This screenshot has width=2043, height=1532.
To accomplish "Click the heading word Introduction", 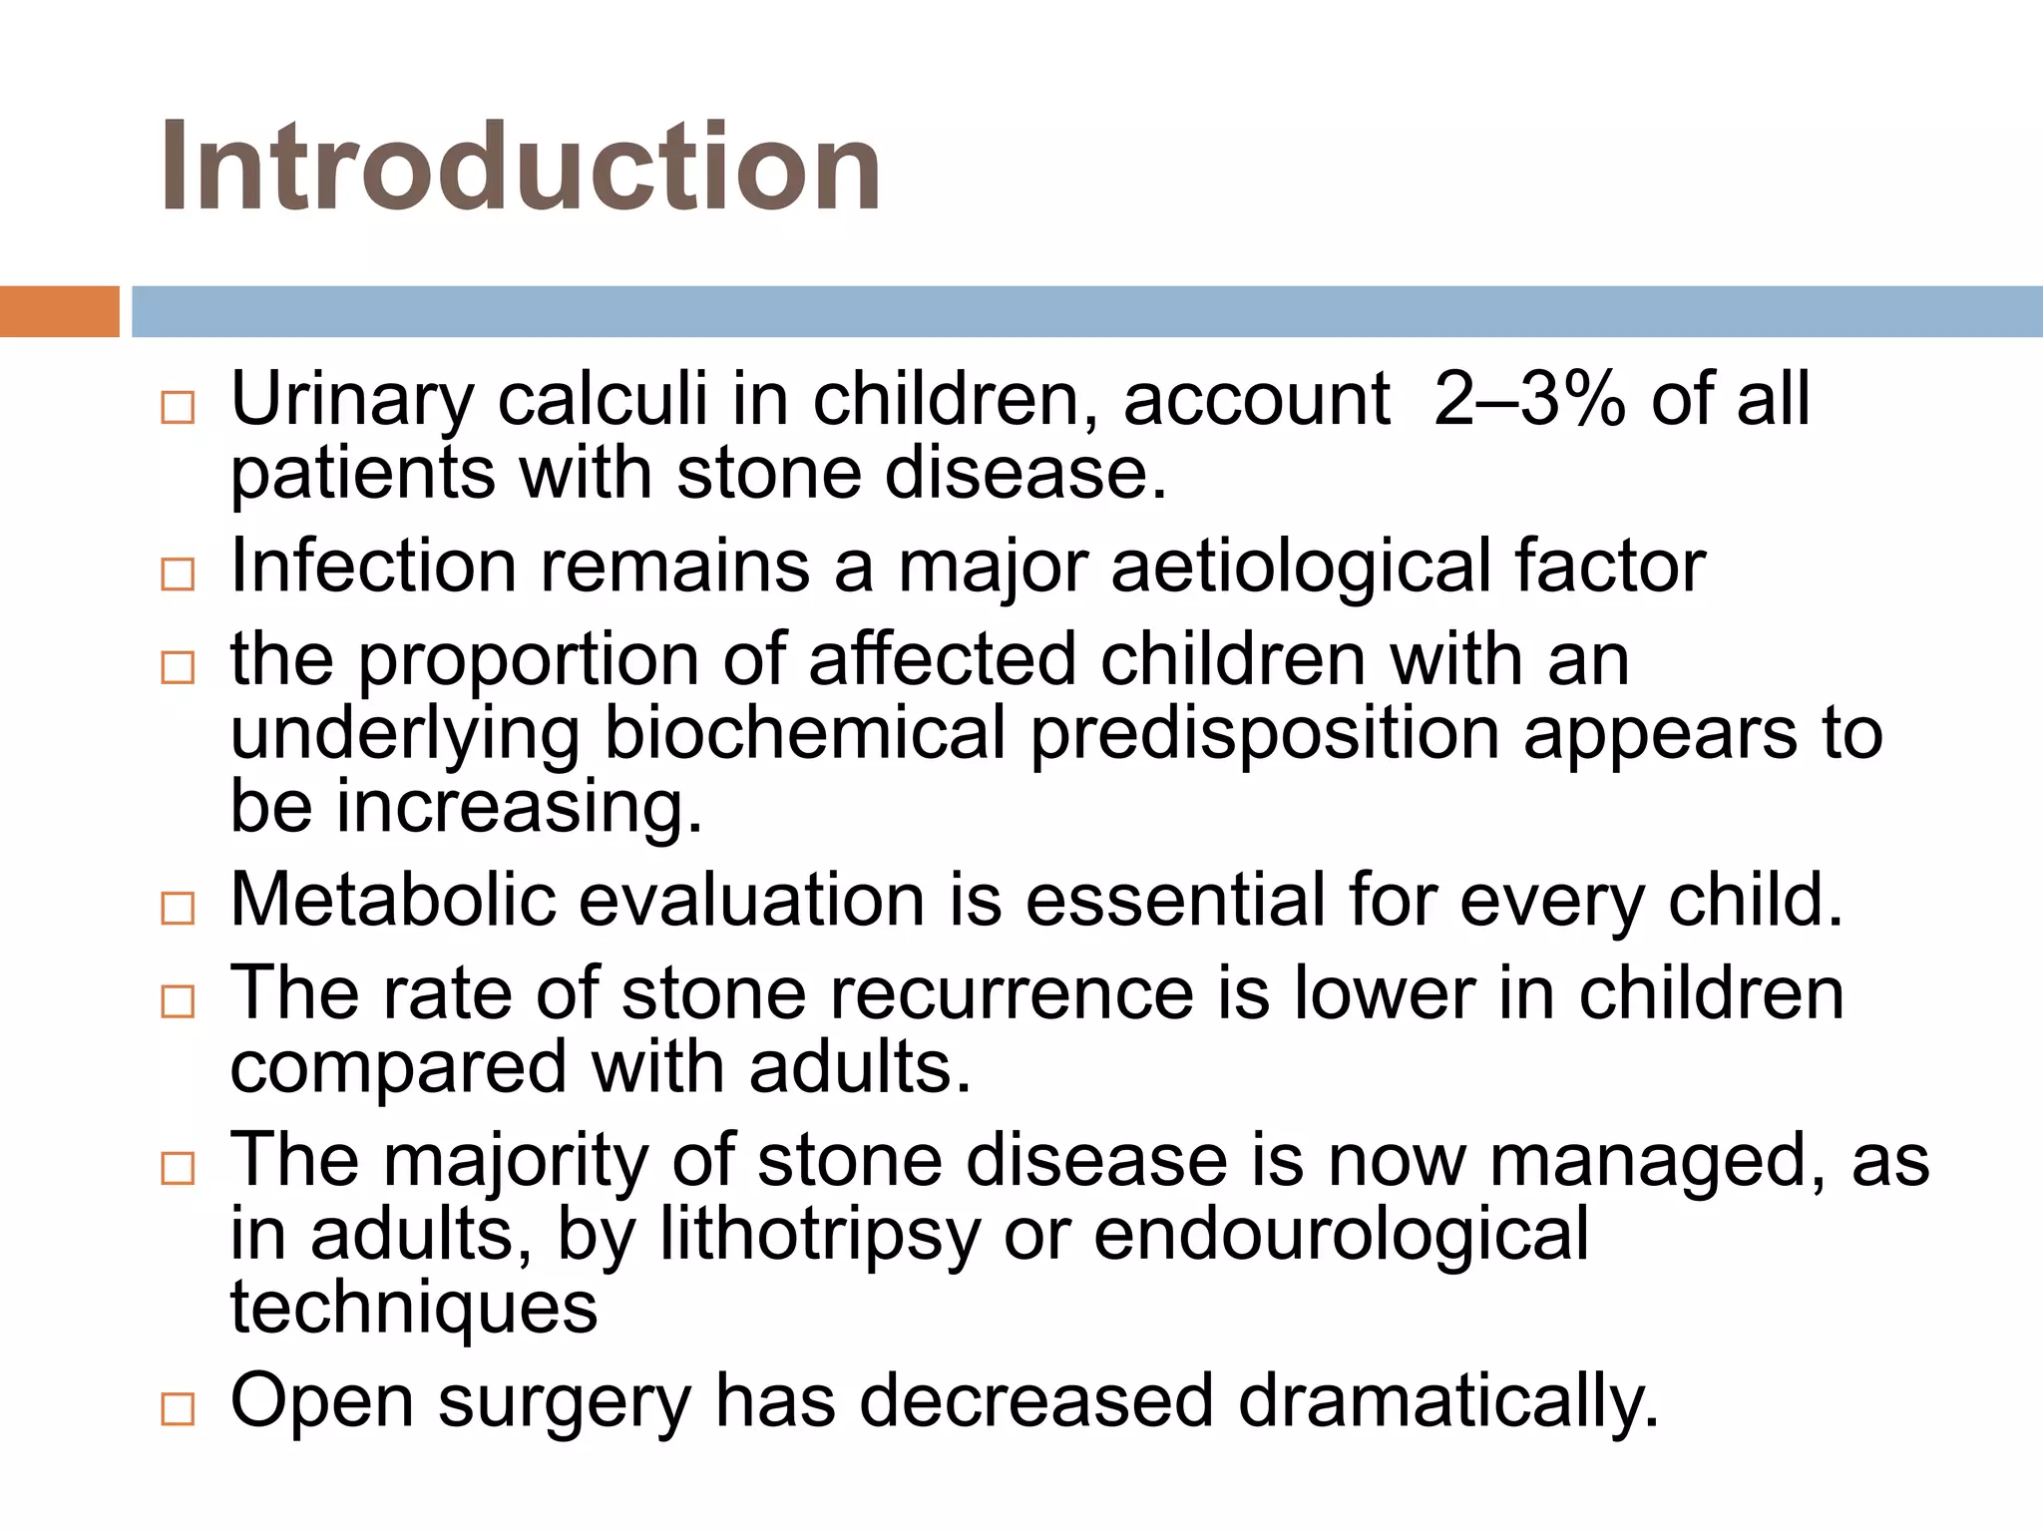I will click(x=520, y=167).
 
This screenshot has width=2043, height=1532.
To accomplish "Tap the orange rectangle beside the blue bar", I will click(x=59, y=311).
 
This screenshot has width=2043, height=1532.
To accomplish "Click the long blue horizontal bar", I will click(x=1086, y=311).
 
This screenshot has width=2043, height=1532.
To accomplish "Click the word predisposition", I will click(x=1265, y=736).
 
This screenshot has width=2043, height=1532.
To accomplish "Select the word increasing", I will click(x=520, y=808).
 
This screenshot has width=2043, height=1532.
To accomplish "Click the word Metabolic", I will click(x=393, y=900).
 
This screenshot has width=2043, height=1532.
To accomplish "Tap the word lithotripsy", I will click(x=820, y=1237).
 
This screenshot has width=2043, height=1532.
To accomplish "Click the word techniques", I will click(x=413, y=1309).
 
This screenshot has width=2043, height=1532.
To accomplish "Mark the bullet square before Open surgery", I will click(x=178, y=1408).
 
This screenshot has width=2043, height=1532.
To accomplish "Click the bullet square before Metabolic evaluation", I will click(x=178, y=908).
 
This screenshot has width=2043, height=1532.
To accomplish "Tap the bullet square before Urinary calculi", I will click(x=178, y=407).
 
